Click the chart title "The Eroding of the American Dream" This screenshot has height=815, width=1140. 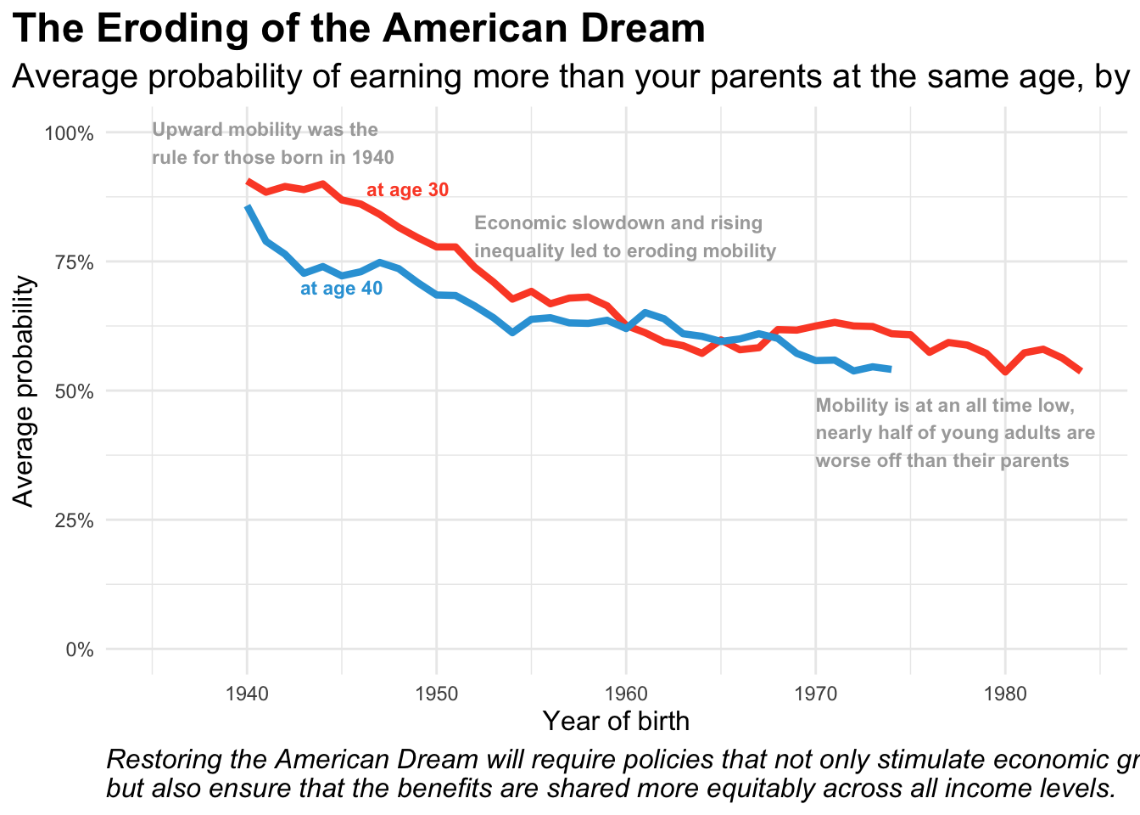(359, 29)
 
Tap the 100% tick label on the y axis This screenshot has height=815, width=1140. (69, 133)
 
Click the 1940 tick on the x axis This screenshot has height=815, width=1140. (247, 694)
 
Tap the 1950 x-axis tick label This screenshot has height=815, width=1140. (436, 694)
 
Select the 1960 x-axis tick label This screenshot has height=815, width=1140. (626, 694)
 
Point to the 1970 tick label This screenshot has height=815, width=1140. (815, 694)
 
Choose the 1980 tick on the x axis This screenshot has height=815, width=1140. (1004, 694)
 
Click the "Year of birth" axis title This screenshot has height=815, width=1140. (616, 722)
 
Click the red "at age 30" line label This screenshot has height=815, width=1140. (407, 190)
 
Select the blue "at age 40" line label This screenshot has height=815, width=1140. (341, 289)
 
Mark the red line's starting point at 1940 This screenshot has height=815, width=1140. (248, 181)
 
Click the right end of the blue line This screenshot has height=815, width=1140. (891, 369)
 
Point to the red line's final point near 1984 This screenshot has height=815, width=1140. (1080, 371)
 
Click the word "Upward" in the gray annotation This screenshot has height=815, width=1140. (185, 130)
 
